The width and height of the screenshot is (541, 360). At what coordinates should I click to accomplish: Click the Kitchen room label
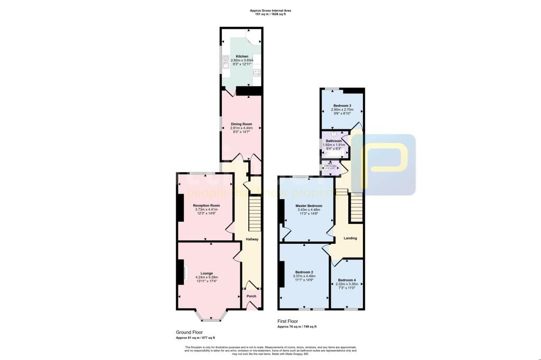(x=242, y=56)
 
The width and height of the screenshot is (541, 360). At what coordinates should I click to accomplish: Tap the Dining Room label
(x=242, y=124)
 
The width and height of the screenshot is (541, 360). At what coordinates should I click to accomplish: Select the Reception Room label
(x=206, y=205)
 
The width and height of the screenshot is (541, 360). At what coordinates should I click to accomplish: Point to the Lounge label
(x=206, y=273)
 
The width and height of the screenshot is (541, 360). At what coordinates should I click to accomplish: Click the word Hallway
(x=251, y=239)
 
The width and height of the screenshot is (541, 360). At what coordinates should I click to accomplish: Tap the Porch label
(x=251, y=296)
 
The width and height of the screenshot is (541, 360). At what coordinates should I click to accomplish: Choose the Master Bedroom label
(x=309, y=205)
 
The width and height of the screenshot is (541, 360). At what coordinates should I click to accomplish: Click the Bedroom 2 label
(x=304, y=272)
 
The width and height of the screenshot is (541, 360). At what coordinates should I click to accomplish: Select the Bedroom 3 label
(x=341, y=106)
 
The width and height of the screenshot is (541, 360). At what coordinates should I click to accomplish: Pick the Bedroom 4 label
(x=347, y=280)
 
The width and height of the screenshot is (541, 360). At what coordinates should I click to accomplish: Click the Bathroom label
(x=333, y=141)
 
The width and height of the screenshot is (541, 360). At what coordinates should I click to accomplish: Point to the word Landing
(x=350, y=238)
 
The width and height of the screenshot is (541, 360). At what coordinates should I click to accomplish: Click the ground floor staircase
(x=255, y=213)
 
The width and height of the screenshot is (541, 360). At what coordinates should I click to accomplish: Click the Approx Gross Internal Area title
(x=270, y=11)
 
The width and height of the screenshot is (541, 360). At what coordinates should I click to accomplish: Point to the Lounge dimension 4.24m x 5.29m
(x=206, y=277)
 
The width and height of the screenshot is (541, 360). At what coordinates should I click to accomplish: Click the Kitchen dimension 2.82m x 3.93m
(x=242, y=60)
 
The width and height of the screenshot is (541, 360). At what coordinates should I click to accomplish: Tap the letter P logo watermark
(x=384, y=164)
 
